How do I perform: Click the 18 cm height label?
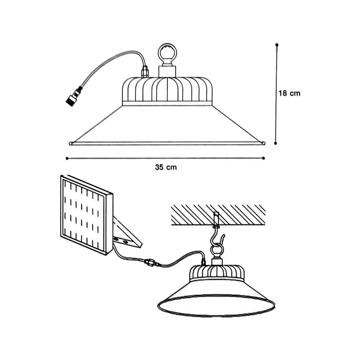pos(289,93)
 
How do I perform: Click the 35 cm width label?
pos(166,167)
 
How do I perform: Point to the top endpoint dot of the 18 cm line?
pos(276,45)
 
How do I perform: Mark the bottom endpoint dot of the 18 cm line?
pos(276,143)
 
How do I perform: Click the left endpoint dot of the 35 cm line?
pos(67,158)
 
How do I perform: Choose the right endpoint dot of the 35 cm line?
pos(264,158)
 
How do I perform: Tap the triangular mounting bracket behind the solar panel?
pos(126,234)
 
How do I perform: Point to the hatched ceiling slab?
pos(218,215)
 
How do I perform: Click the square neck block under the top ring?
pos(167,71)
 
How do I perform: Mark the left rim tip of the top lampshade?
pos(71,143)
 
